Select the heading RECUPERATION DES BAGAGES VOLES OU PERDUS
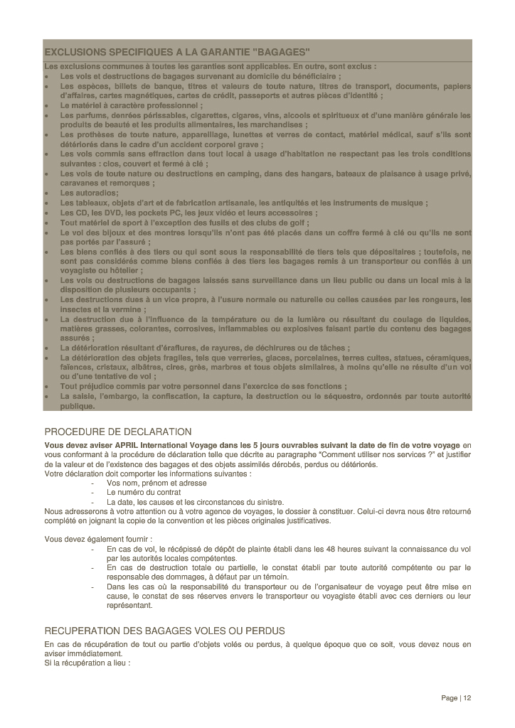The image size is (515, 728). click(x=164, y=631)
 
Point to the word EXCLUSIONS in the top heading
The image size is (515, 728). click(x=72, y=53)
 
